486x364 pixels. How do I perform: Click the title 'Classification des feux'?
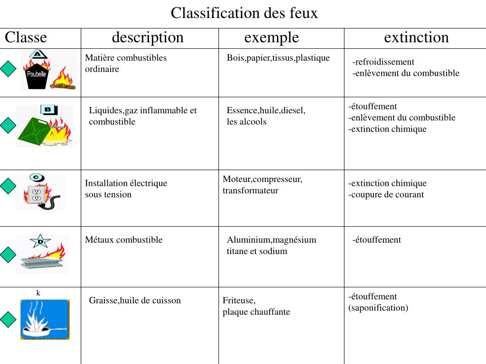pyautogui.click(x=244, y=13)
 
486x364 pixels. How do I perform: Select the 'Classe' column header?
pyautogui.click(x=26, y=37)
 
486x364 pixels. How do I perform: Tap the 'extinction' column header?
pyautogui.click(x=416, y=37)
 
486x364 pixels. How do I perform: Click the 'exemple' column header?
pyautogui.click(x=271, y=37)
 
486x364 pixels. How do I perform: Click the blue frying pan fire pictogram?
pyautogui.click(x=45, y=319)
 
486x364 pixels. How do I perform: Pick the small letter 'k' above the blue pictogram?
pyautogui.click(x=38, y=293)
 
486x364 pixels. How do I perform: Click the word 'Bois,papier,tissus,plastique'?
pyautogui.click(x=278, y=58)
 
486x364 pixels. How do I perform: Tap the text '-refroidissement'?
pyautogui.click(x=383, y=62)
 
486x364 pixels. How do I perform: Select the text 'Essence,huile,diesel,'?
pyautogui.click(x=266, y=110)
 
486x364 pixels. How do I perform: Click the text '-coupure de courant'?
pyautogui.click(x=386, y=194)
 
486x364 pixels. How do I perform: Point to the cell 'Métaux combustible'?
pyautogui.click(x=123, y=240)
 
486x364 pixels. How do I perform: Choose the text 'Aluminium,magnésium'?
pyautogui.click(x=271, y=240)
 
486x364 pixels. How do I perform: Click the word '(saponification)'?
pyautogui.click(x=378, y=308)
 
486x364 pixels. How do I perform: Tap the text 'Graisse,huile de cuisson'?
pyautogui.click(x=135, y=300)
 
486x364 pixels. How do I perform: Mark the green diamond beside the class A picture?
pyautogui.click(x=8, y=70)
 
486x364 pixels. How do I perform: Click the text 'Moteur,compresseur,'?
pyautogui.click(x=262, y=179)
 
